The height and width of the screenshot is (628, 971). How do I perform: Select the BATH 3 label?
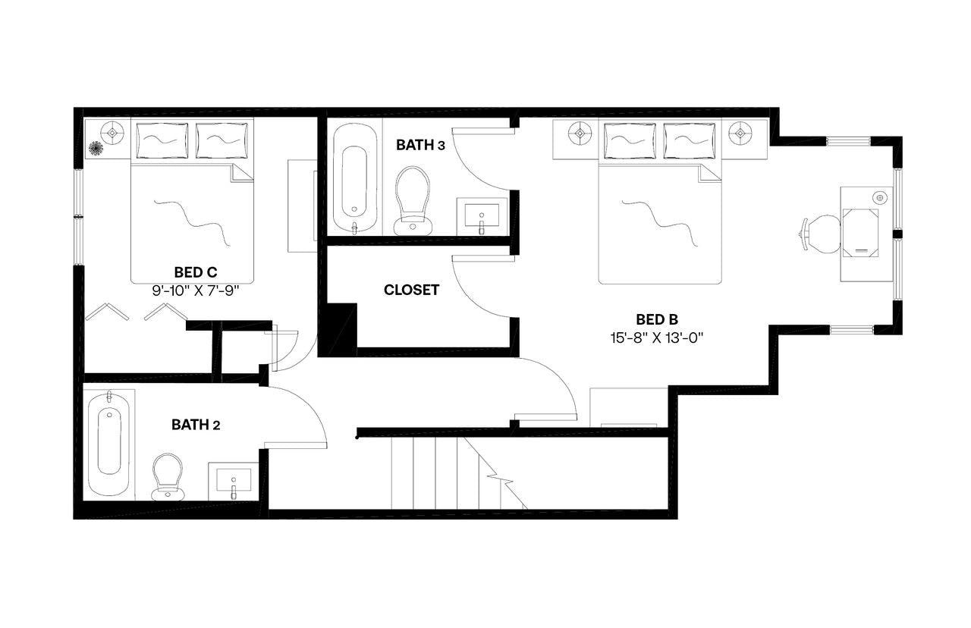(x=420, y=145)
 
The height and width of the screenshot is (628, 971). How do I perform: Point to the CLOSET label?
(x=411, y=290)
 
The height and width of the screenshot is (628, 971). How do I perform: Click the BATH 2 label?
(x=196, y=425)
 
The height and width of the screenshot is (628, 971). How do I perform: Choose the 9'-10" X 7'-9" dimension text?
(x=201, y=289)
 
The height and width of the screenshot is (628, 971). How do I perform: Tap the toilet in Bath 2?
(x=168, y=476)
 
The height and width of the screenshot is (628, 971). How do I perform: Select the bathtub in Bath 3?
(x=354, y=179)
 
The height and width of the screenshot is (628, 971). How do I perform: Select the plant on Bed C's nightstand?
(x=96, y=148)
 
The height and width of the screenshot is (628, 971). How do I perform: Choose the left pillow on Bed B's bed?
(x=630, y=141)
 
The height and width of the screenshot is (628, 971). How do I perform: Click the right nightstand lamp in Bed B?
(x=739, y=133)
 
